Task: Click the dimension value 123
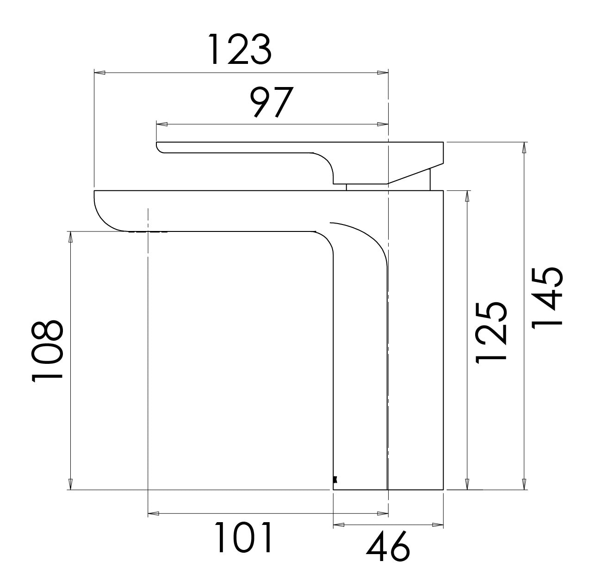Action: click(239, 50)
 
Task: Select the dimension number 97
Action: click(272, 102)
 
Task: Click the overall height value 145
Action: click(547, 298)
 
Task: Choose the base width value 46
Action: click(388, 547)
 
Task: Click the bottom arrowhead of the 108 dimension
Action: click(70, 483)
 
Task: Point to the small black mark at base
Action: click(335, 480)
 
